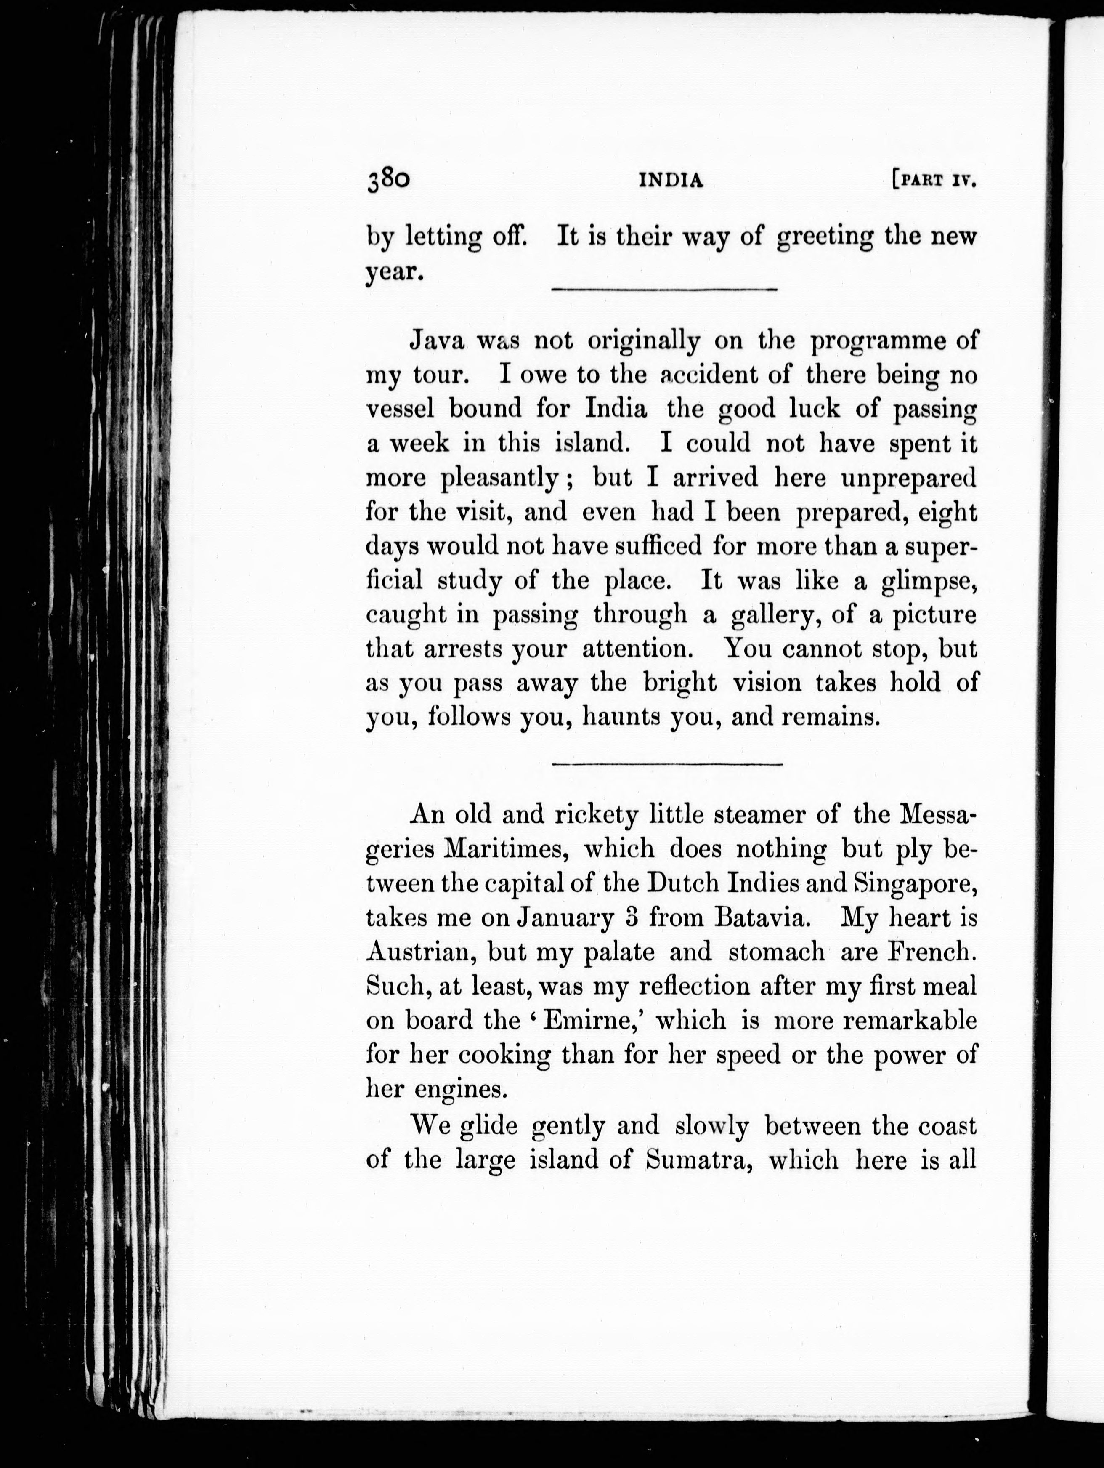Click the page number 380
pyautogui.click(x=388, y=181)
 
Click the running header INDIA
pyautogui.click(x=670, y=181)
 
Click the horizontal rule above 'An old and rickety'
pyautogui.click(x=667, y=765)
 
